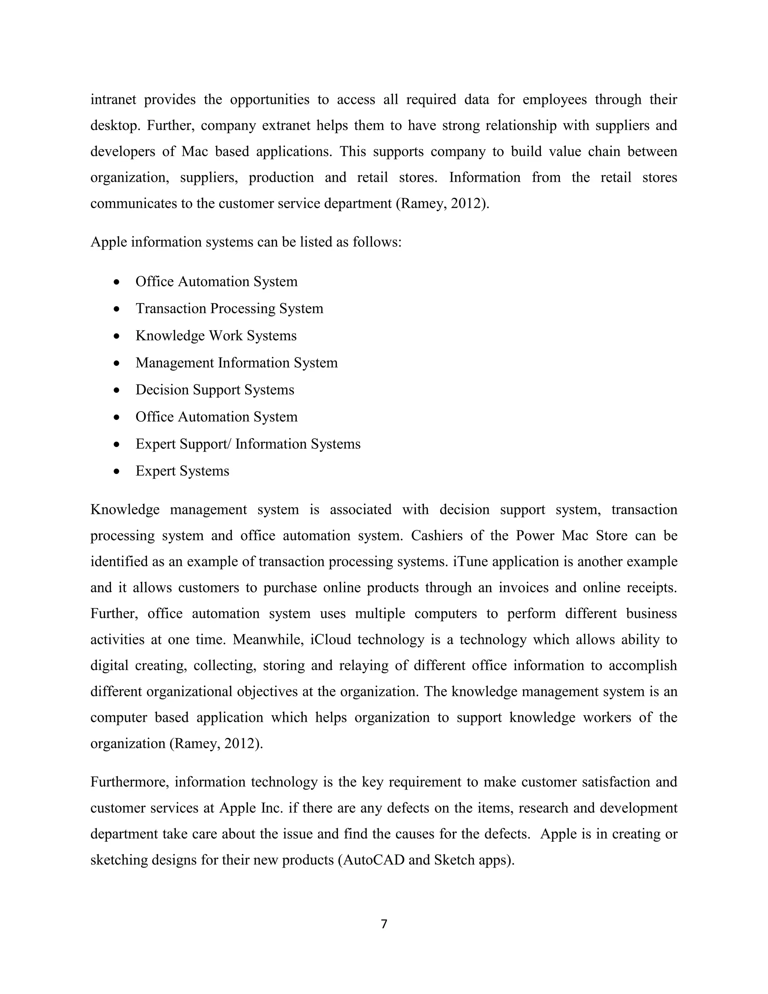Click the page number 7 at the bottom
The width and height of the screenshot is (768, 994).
pos(384,924)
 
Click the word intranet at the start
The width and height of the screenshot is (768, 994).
pos(113,99)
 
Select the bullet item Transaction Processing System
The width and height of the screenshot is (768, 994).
pos(229,309)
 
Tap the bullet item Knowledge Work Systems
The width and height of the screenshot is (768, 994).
pos(216,336)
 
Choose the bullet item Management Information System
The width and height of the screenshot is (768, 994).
pos(237,363)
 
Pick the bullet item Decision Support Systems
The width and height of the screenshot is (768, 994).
pos(215,390)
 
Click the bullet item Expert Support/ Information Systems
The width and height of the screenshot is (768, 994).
pos(248,444)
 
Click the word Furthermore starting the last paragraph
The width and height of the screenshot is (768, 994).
pos(130,782)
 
